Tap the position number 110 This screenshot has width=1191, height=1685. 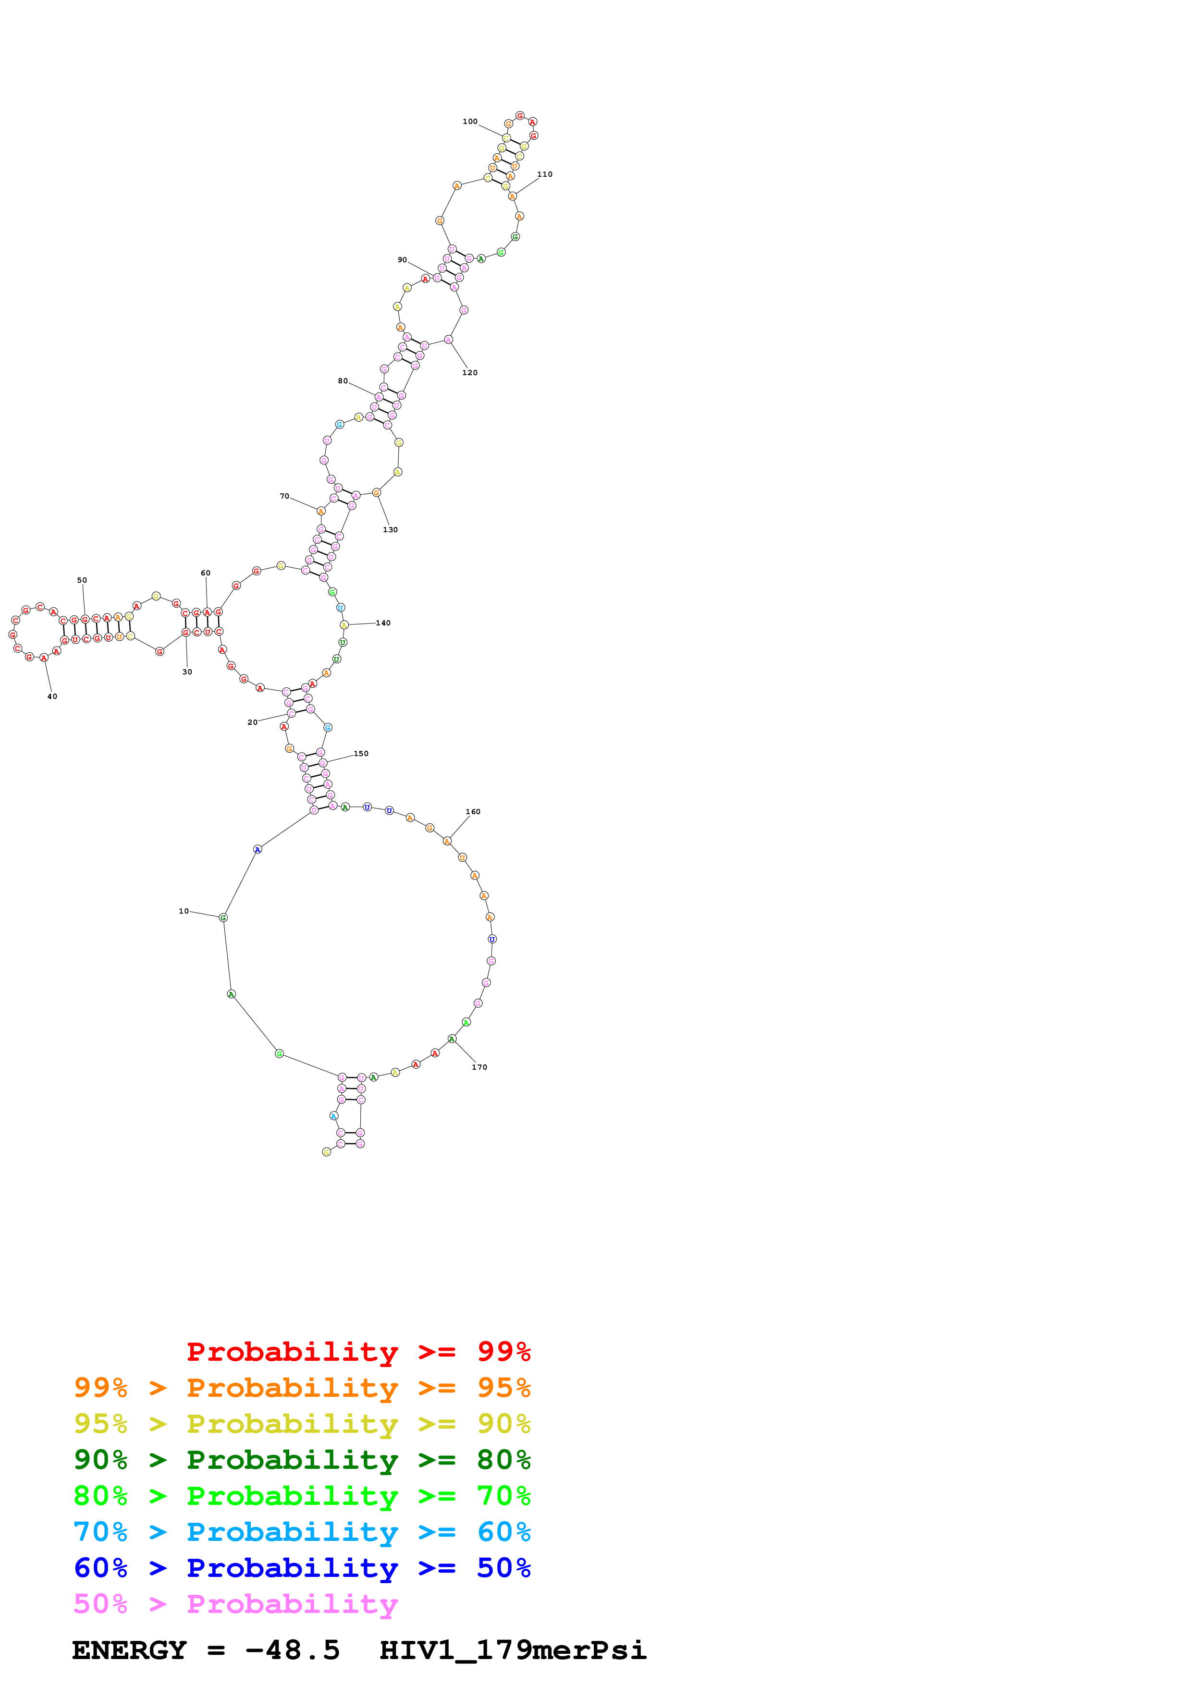click(x=544, y=175)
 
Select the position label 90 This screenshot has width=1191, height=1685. click(x=402, y=260)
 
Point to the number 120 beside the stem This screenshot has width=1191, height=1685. click(x=470, y=373)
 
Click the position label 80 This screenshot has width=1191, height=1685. click(x=343, y=381)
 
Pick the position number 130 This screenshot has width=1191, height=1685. click(x=391, y=530)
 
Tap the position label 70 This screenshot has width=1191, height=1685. click(x=285, y=496)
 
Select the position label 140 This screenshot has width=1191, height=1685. click(x=383, y=623)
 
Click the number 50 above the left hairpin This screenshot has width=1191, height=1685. click(x=82, y=580)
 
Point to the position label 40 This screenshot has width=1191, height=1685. click(x=52, y=696)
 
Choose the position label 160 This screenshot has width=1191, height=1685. click(x=473, y=812)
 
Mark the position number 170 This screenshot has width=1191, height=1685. click(x=479, y=1067)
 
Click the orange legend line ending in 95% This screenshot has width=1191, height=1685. click(x=302, y=1387)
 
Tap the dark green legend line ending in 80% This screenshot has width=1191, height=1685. click(x=302, y=1460)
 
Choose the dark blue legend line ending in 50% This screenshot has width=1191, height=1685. click(x=302, y=1568)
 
